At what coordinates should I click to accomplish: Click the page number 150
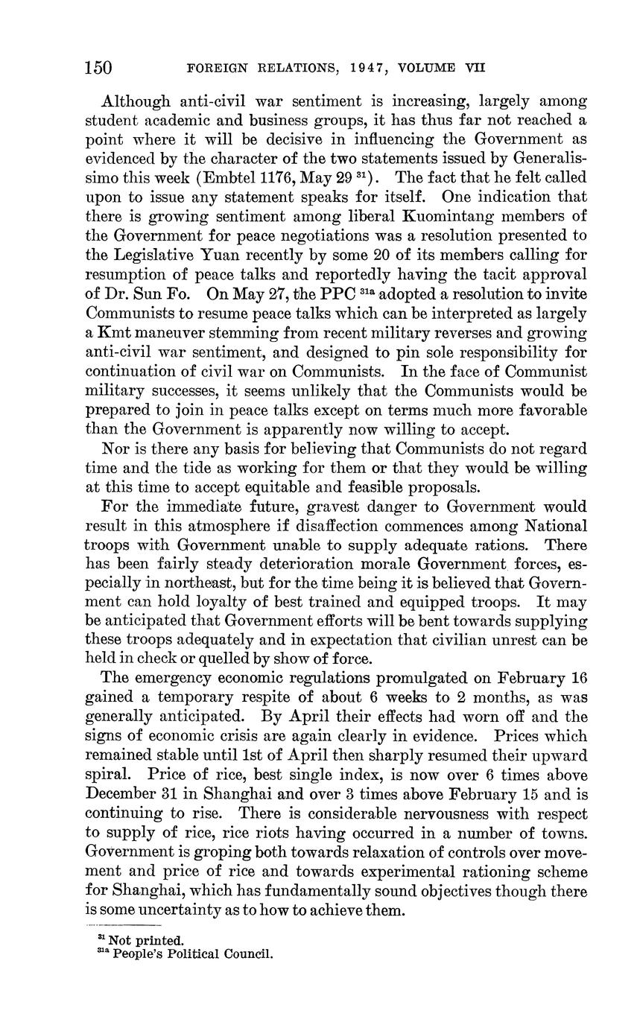[98, 69]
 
